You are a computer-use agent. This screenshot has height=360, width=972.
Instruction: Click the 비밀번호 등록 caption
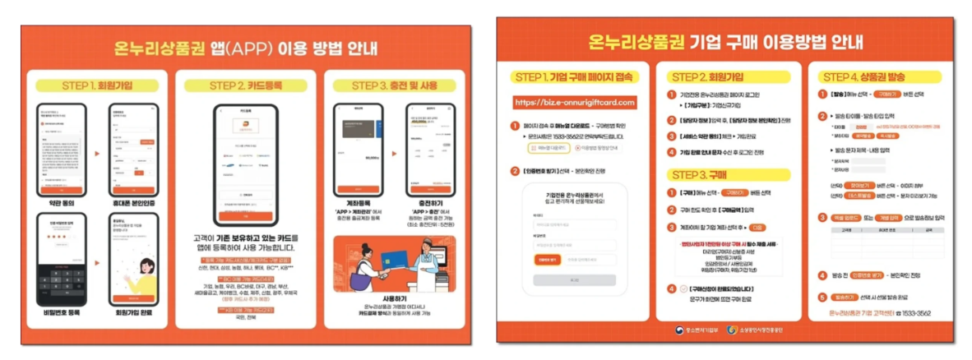(x=61, y=313)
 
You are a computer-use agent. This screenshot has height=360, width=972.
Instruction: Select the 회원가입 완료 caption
(x=135, y=313)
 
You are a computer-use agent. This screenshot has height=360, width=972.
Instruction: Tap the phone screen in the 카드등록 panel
(x=244, y=164)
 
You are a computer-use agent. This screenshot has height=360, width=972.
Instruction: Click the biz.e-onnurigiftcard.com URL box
(x=574, y=103)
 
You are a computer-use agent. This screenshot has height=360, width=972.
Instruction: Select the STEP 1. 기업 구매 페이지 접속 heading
(x=574, y=77)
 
